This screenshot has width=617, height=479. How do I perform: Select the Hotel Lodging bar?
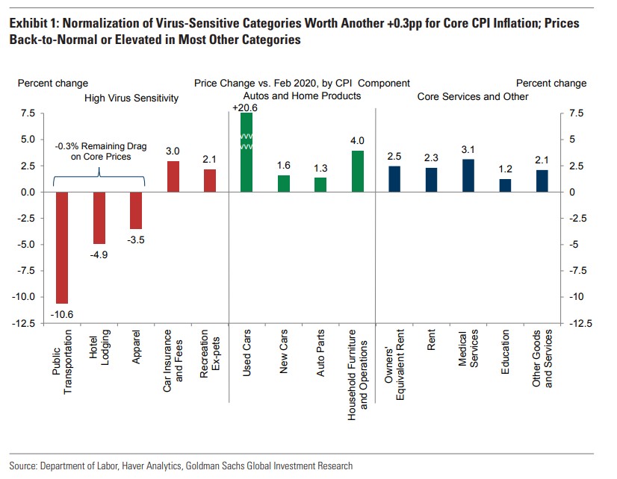pyautogui.click(x=99, y=217)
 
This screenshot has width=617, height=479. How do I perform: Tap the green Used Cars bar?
pyautogui.click(x=247, y=153)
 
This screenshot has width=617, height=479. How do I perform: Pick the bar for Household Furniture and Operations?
pyautogui.click(x=358, y=171)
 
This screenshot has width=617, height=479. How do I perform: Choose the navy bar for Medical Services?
pyautogui.click(x=468, y=175)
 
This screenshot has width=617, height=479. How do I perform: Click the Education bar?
pyautogui.click(x=506, y=185)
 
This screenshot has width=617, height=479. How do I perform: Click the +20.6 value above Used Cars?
pyautogui.click(x=246, y=107)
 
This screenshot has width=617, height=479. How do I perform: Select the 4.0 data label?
pyautogui.click(x=358, y=140)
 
